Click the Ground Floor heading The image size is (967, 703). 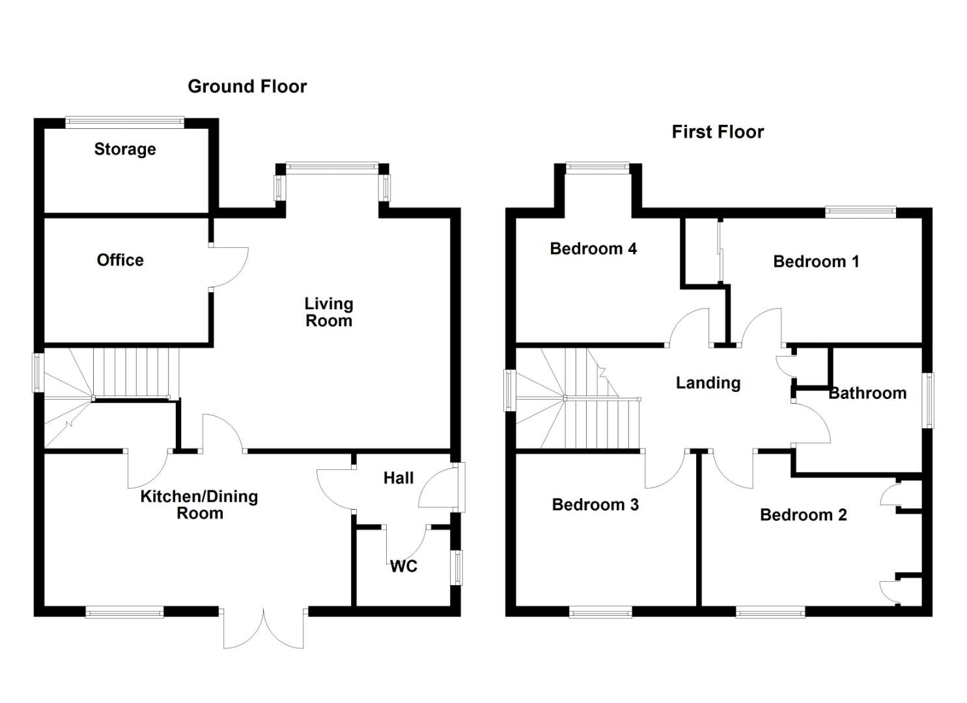pyautogui.click(x=247, y=87)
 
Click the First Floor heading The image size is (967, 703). pyautogui.click(x=718, y=132)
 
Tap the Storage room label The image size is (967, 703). pyautogui.click(x=125, y=149)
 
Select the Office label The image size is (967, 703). pyautogui.click(x=120, y=260)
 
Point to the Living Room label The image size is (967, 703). pyautogui.click(x=329, y=312)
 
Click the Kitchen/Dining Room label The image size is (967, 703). pyautogui.click(x=199, y=504)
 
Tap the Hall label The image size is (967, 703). pyautogui.click(x=399, y=478)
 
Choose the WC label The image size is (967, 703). pyautogui.click(x=404, y=566)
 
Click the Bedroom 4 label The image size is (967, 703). pyautogui.click(x=593, y=249)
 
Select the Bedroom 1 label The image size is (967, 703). pyautogui.click(x=816, y=262)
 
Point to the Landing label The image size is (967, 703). pyautogui.click(x=708, y=383)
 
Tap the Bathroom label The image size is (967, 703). pyautogui.click(x=867, y=393)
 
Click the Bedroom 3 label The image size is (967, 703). pyautogui.click(x=595, y=504)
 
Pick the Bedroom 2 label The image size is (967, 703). pyautogui.click(x=804, y=515)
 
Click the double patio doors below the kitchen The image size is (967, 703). pyautogui.click(x=264, y=629)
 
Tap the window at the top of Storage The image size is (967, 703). pyautogui.click(x=125, y=120)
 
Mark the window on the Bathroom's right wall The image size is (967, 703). pyautogui.click(x=929, y=400)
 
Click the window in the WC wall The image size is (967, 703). pyautogui.click(x=458, y=567)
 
